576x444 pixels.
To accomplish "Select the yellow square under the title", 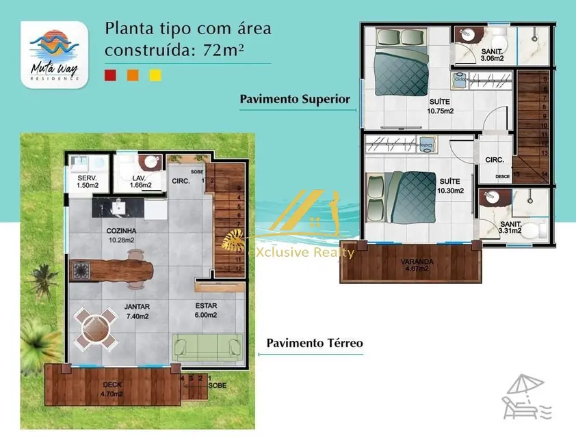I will pos(155,76).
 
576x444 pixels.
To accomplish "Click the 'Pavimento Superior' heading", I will pos(295,99).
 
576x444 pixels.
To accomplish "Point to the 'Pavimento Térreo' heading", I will pos(315,343).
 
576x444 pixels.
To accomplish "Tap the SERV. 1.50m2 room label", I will pos(87,181).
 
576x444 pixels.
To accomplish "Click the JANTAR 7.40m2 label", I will pos(137,311).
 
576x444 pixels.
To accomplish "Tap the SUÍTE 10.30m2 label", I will pos(449,186).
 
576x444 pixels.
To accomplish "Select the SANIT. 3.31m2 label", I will pos(510,227).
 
